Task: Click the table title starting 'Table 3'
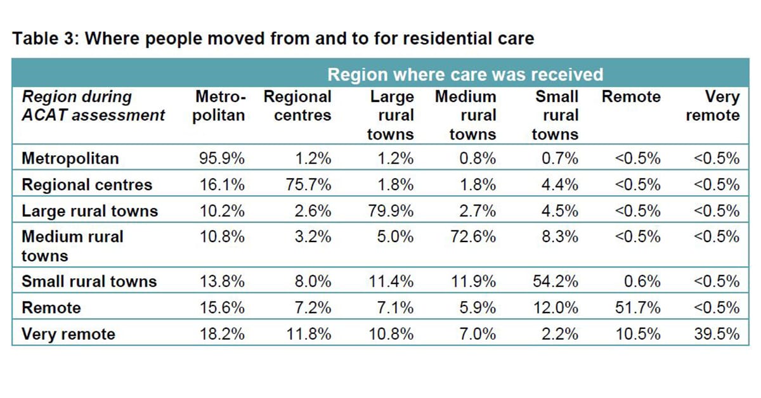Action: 273,39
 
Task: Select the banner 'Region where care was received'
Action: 465,75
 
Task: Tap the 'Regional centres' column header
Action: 297,106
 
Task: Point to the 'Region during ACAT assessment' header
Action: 93,106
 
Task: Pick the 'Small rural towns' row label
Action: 89,281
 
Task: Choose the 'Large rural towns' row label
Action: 89,210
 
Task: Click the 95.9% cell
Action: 222,158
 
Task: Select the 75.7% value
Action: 308,184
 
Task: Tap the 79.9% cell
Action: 391,210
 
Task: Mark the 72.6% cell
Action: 473,236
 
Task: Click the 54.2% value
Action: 555,281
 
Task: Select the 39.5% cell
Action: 717,334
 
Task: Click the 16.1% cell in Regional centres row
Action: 222,184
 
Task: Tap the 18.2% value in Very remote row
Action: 222,334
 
